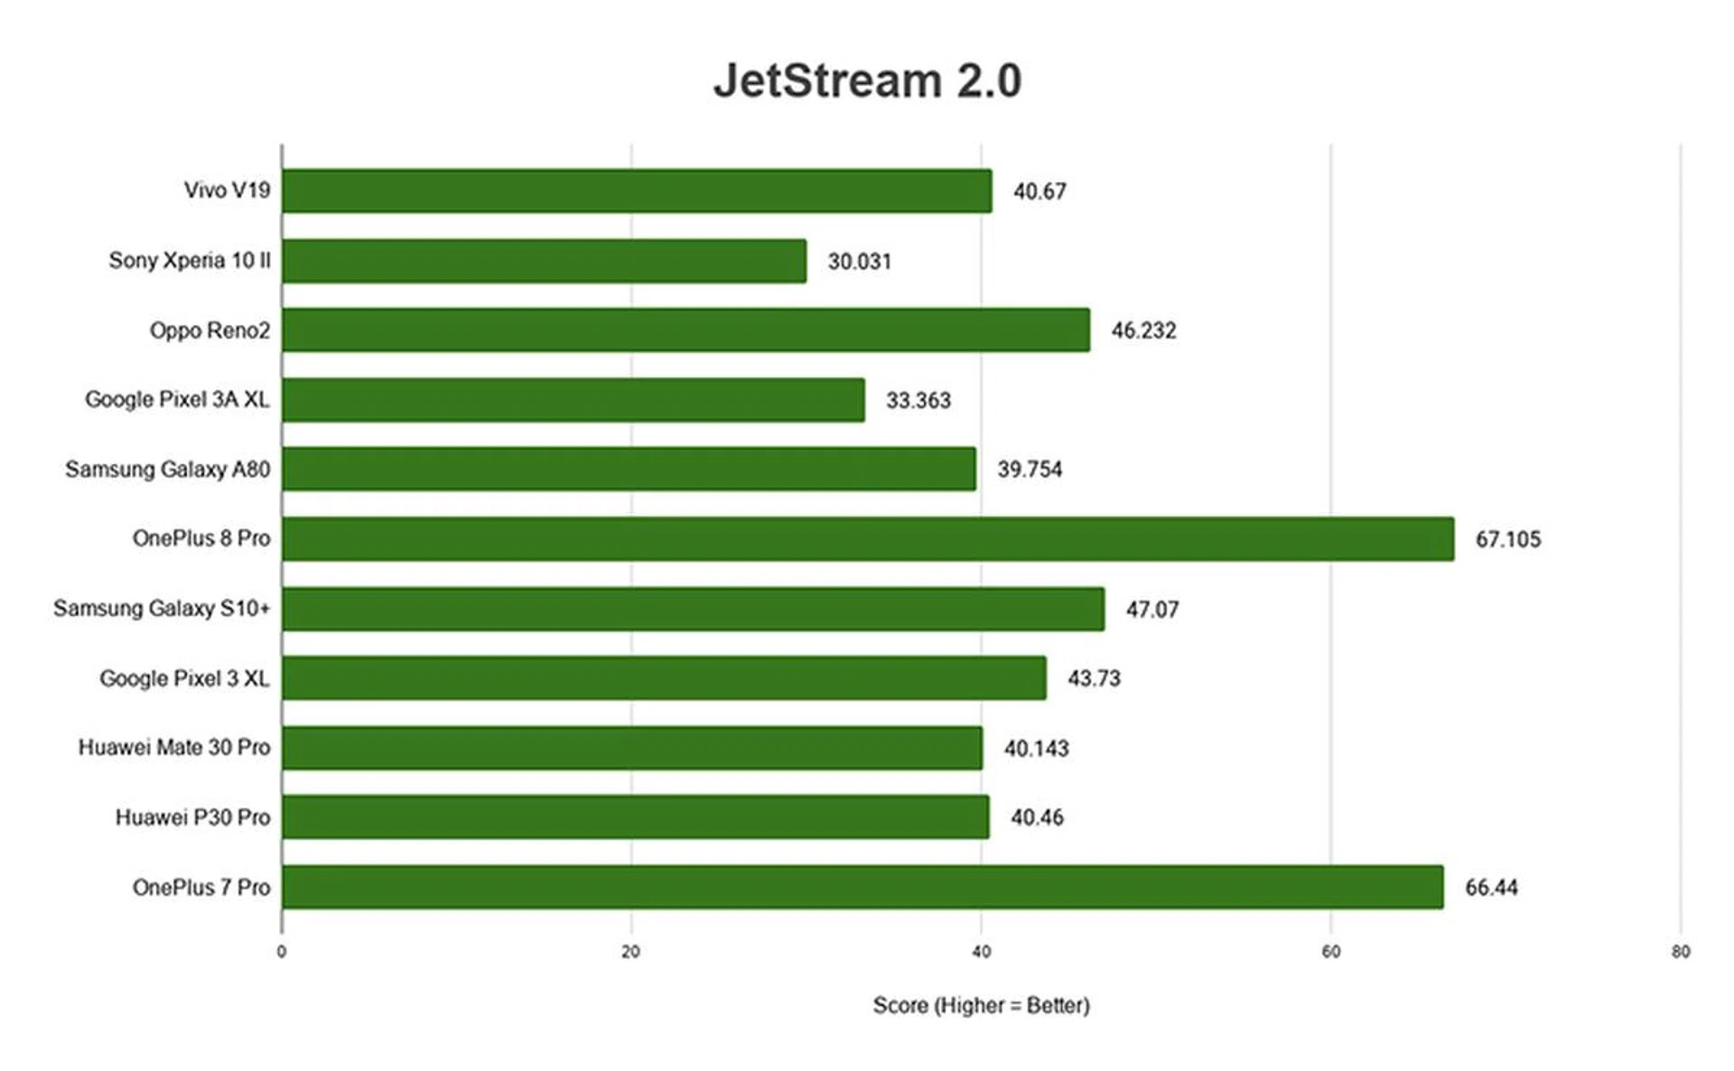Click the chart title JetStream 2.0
[867, 80]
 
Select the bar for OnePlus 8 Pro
[867, 539]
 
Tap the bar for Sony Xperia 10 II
[544, 261]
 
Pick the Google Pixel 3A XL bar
[573, 400]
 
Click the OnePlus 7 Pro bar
[862, 887]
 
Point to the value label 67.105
[1507, 539]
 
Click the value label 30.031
[859, 261]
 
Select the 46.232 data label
[1143, 331]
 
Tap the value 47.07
[1151, 610]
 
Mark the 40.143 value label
[1036, 749]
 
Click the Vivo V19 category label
[227, 191]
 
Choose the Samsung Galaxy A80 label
[167, 470]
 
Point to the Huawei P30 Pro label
[192, 817]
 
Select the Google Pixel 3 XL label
[184, 678]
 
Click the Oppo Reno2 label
[210, 331]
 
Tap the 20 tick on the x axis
[630, 951]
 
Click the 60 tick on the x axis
[1330, 951]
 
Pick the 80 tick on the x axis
[1680, 951]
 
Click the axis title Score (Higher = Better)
[981, 1005]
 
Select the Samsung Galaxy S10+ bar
[693, 609]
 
